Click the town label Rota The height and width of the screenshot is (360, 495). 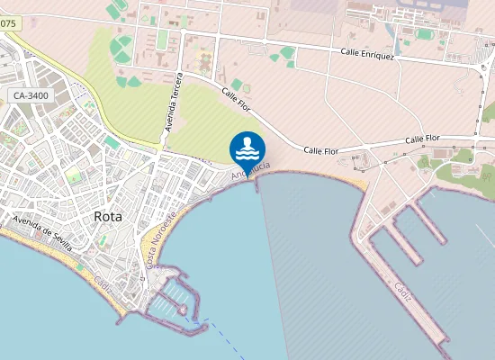pos(110,216)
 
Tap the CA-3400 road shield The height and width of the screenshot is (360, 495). pos(31,95)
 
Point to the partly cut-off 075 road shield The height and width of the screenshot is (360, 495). pos(7,25)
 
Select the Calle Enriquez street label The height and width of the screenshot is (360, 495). pos(367,55)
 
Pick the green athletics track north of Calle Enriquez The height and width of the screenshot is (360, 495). pos(424,34)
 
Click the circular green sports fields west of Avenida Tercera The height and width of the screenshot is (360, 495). pos(121,49)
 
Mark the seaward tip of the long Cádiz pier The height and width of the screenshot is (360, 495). pos(441,346)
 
